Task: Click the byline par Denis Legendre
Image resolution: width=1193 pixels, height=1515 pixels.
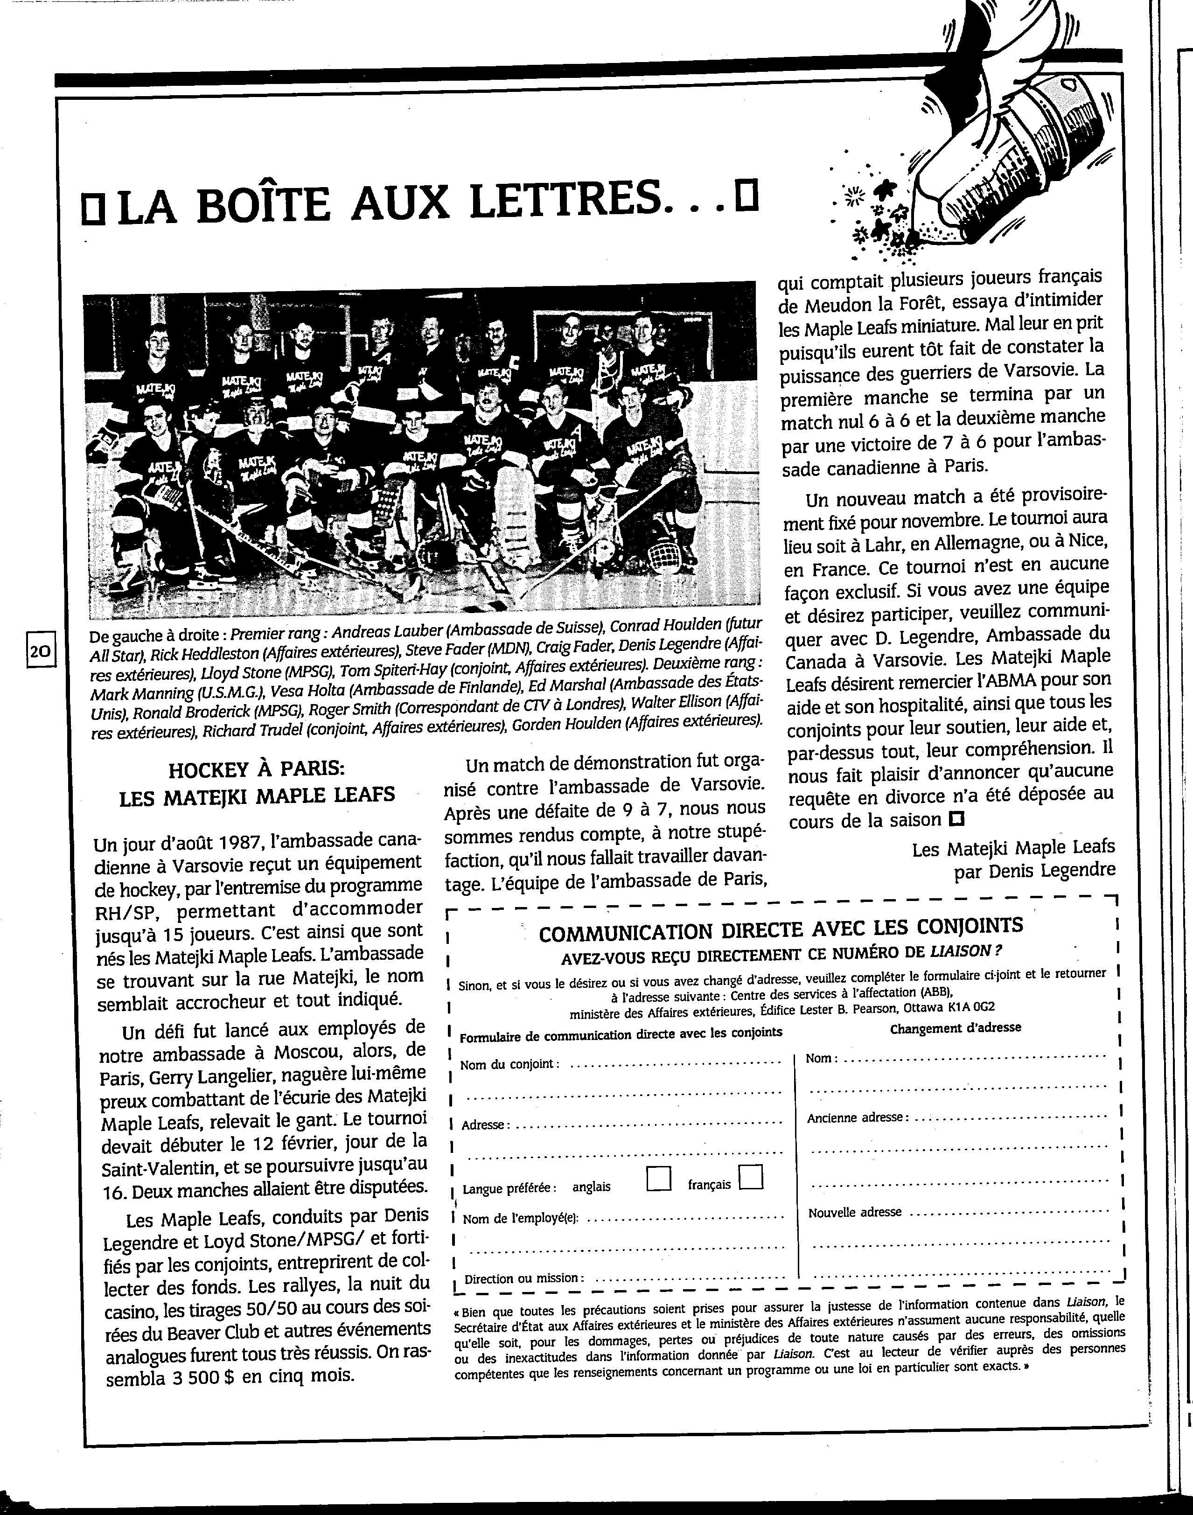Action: click(1034, 870)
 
